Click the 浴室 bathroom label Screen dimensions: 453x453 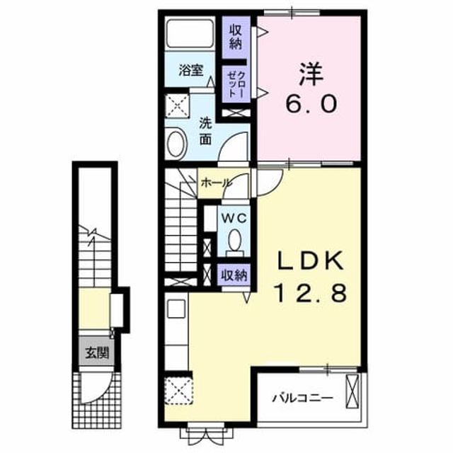(190, 70)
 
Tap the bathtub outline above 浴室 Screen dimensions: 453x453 (190, 33)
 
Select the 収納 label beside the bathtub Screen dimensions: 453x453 (236, 37)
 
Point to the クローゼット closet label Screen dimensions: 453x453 (236, 84)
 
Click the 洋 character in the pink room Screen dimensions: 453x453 (311, 74)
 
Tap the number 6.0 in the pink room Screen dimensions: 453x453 (311, 104)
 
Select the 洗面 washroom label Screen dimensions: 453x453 (205, 132)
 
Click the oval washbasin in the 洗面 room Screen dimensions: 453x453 (177, 144)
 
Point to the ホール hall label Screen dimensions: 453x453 (216, 183)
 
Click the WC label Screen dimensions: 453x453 (234, 218)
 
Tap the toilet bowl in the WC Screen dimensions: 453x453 (234, 240)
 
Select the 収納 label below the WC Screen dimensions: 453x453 (234, 275)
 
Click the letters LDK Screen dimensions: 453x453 (311, 260)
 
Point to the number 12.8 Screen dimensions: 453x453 (311, 292)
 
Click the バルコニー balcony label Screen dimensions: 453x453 (302, 398)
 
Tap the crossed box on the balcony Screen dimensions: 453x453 (352, 391)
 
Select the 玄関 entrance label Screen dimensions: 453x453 (97, 352)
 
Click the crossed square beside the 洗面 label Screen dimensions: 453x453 (177, 105)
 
